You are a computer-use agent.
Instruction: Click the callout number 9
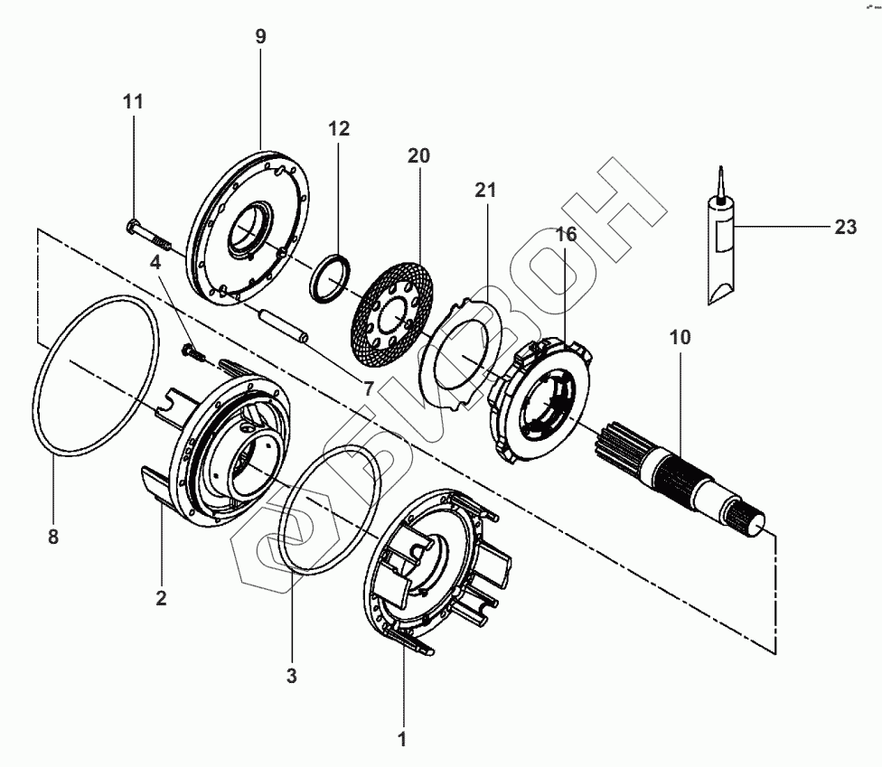(260, 38)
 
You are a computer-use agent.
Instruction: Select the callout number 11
(133, 102)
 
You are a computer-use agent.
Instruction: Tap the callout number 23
(845, 228)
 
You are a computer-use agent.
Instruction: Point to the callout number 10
(680, 338)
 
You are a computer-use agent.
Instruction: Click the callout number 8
(52, 537)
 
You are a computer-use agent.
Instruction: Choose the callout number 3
(291, 674)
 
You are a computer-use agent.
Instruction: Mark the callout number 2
(161, 597)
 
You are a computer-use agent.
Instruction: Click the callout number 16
(566, 235)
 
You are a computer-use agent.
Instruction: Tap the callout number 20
(418, 155)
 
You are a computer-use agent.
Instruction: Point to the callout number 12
(338, 128)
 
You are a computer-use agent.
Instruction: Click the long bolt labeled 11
(150, 234)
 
